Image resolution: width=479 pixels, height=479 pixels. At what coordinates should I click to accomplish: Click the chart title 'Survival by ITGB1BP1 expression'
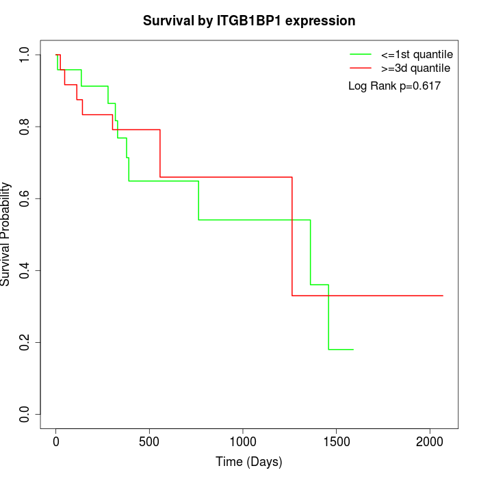click(249, 21)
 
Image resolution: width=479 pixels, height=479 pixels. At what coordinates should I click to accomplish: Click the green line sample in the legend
click(361, 54)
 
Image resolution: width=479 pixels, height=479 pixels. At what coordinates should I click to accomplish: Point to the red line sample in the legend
click(361, 68)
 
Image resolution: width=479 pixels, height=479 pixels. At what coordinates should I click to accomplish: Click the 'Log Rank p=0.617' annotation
click(394, 86)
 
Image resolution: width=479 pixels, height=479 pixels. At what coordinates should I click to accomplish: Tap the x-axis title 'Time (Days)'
click(249, 462)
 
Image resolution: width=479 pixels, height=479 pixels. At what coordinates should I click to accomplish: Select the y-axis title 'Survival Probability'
click(6, 234)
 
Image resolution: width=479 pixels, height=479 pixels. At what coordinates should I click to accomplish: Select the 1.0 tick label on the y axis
click(25, 54)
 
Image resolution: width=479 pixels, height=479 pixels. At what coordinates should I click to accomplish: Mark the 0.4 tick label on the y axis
click(25, 270)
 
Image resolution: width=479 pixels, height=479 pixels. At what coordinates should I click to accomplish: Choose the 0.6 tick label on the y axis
click(25, 198)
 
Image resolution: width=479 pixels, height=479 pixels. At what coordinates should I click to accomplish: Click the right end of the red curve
click(443, 296)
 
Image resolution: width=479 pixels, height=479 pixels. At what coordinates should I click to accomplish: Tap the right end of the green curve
click(353, 350)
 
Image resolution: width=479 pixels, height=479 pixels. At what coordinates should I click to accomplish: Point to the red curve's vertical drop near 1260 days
click(292, 236)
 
